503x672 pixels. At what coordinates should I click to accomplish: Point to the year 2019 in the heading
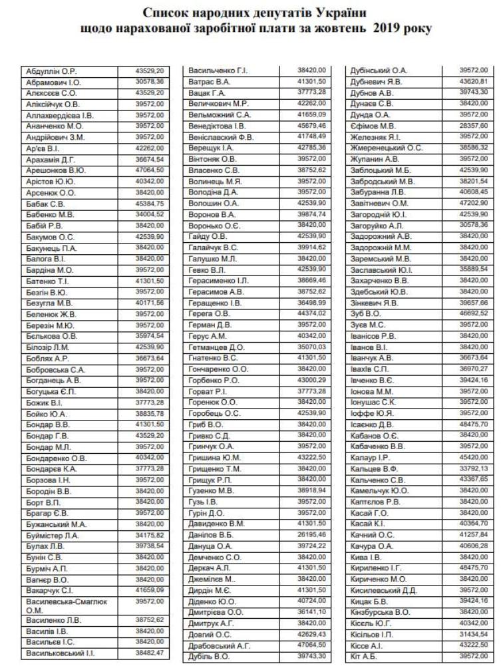pyautogui.click(x=387, y=29)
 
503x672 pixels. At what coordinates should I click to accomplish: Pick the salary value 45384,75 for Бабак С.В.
pyautogui.click(x=150, y=204)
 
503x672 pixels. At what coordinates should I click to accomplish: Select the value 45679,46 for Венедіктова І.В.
pyautogui.click(x=313, y=125)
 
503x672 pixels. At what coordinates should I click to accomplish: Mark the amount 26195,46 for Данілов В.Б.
pyautogui.click(x=313, y=533)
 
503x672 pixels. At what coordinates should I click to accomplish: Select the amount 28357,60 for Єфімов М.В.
pyautogui.click(x=474, y=125)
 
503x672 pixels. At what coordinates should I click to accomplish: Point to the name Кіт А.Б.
pyautogui.click(x=363, y=656)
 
